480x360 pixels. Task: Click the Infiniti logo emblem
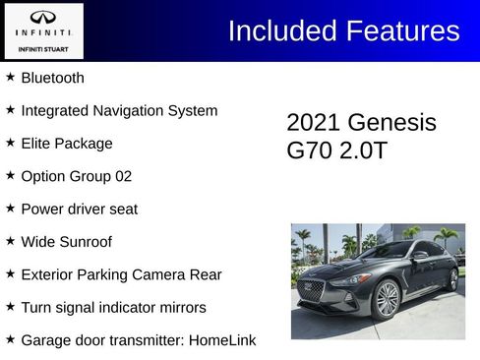(43, 17)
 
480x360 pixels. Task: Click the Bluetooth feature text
(52, 78)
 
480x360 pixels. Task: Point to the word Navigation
(127, 110)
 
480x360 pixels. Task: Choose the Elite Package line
(66, 144)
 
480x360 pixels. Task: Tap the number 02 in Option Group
(122, 176)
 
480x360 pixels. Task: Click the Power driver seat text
(79, 209)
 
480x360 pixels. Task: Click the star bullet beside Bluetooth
(10, 77)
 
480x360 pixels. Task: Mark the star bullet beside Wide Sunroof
(10, 240)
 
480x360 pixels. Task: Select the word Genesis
(391, 123)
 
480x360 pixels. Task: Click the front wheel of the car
(388, 298)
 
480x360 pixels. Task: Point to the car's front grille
(312, 291)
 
